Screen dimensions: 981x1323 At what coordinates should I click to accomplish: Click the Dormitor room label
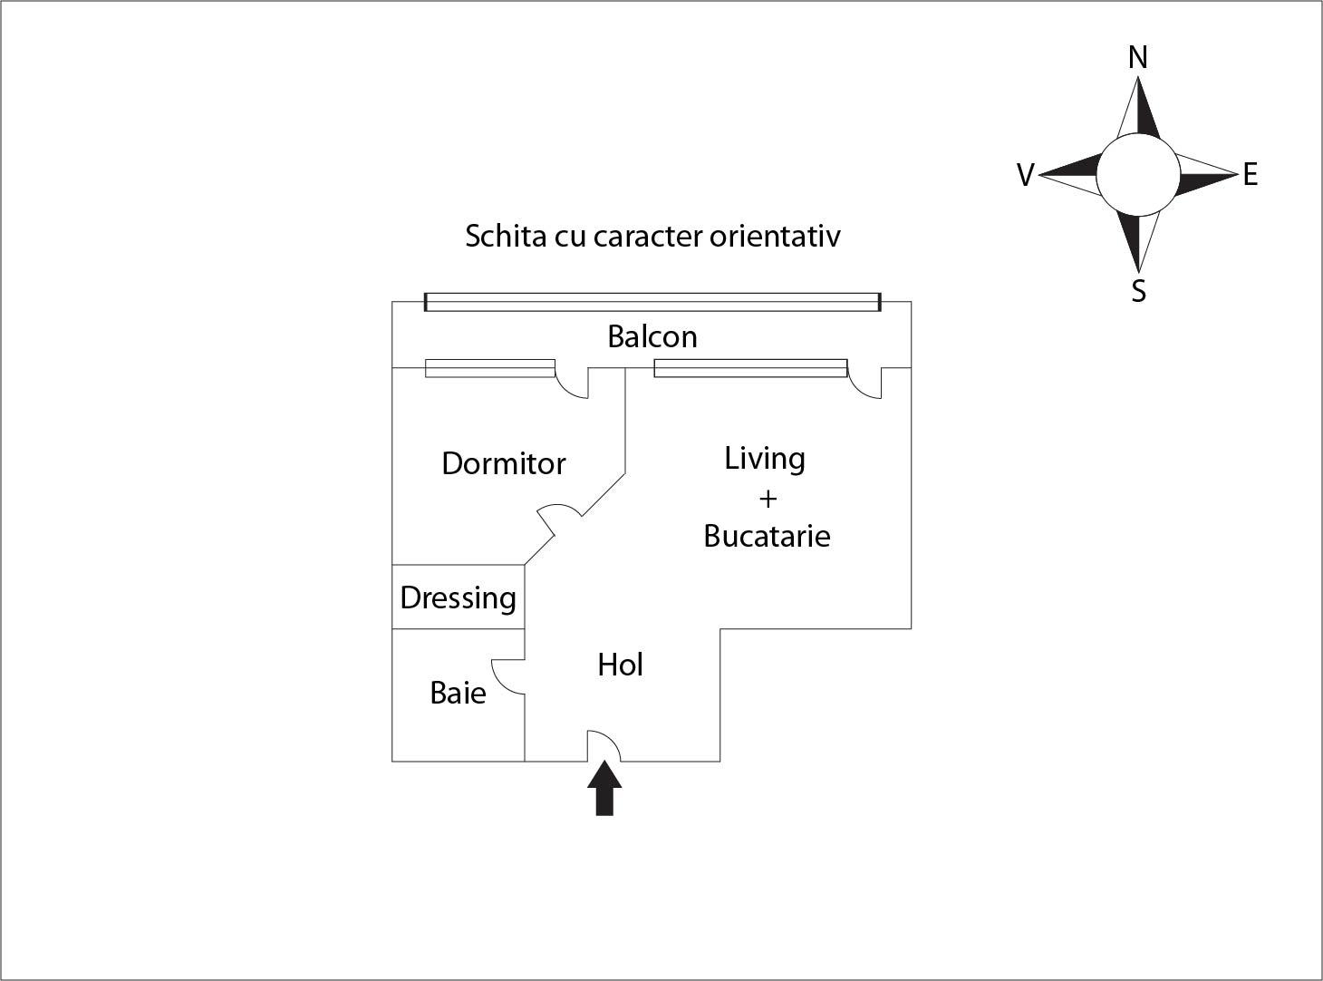(503, 463)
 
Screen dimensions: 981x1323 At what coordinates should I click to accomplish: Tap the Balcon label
(652, 336)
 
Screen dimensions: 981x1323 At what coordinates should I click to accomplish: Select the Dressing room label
(458, 597)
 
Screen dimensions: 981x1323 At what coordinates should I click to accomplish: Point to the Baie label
(458, 693)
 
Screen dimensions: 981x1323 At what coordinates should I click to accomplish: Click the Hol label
(620, 665)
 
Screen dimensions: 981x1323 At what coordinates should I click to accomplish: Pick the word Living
(764, 459)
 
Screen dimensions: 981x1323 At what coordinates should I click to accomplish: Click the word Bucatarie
(767, 536)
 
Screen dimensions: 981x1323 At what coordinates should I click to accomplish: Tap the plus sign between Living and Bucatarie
(768, 499)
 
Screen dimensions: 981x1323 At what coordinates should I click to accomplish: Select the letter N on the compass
(1138, 58)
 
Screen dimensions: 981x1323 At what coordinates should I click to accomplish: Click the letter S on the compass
(1139, 291)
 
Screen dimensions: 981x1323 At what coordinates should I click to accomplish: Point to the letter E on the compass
(1251, 175)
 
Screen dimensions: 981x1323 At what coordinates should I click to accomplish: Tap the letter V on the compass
(1026, 175)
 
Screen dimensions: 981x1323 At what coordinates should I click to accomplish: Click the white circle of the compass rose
(1138, 175)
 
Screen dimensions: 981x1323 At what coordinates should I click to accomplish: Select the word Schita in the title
(497, 236)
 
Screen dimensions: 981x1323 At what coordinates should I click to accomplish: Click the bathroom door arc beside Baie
(507, 676)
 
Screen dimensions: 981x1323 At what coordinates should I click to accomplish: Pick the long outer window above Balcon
(652, 302)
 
